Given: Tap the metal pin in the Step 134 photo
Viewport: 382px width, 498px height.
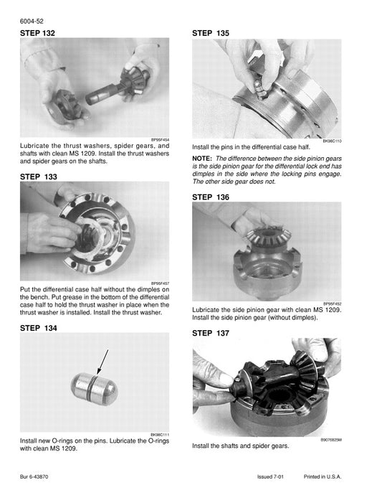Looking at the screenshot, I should [94, 388].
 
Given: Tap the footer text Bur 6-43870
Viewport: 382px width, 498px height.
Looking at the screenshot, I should [37, 478].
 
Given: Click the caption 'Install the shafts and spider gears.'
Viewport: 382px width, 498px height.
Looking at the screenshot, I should [240, 446].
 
